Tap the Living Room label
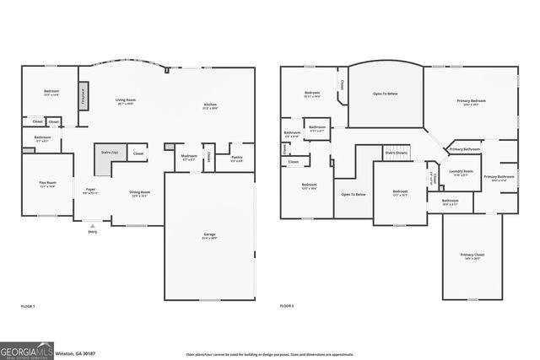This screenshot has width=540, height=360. pos(126,101)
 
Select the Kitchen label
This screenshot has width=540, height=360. pos(210,106)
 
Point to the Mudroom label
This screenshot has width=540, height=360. pos(189,157)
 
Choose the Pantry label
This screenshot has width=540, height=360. pos(236,158)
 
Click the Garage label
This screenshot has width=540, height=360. pos(209,237)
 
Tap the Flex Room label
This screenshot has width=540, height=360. pos(47,184)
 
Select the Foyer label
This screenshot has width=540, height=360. pos(91,191)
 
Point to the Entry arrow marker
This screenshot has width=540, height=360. pos(92,226)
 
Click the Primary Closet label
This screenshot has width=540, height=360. pos(472,255)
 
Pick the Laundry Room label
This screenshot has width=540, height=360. pos(461,172)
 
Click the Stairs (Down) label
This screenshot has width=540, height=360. pos(396,153)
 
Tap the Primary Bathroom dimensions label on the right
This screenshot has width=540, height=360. pos(498,180)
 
